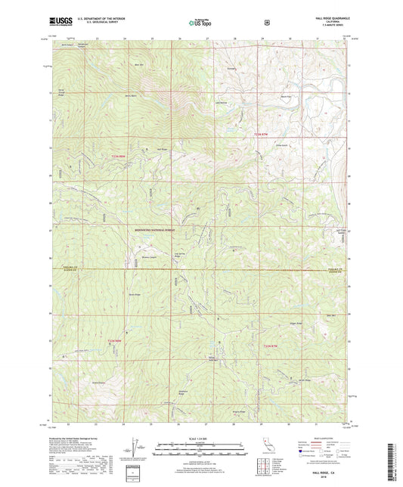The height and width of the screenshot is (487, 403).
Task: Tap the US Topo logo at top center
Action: (x=200, y=24)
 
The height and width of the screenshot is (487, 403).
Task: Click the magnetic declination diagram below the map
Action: (x=134, y=450)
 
